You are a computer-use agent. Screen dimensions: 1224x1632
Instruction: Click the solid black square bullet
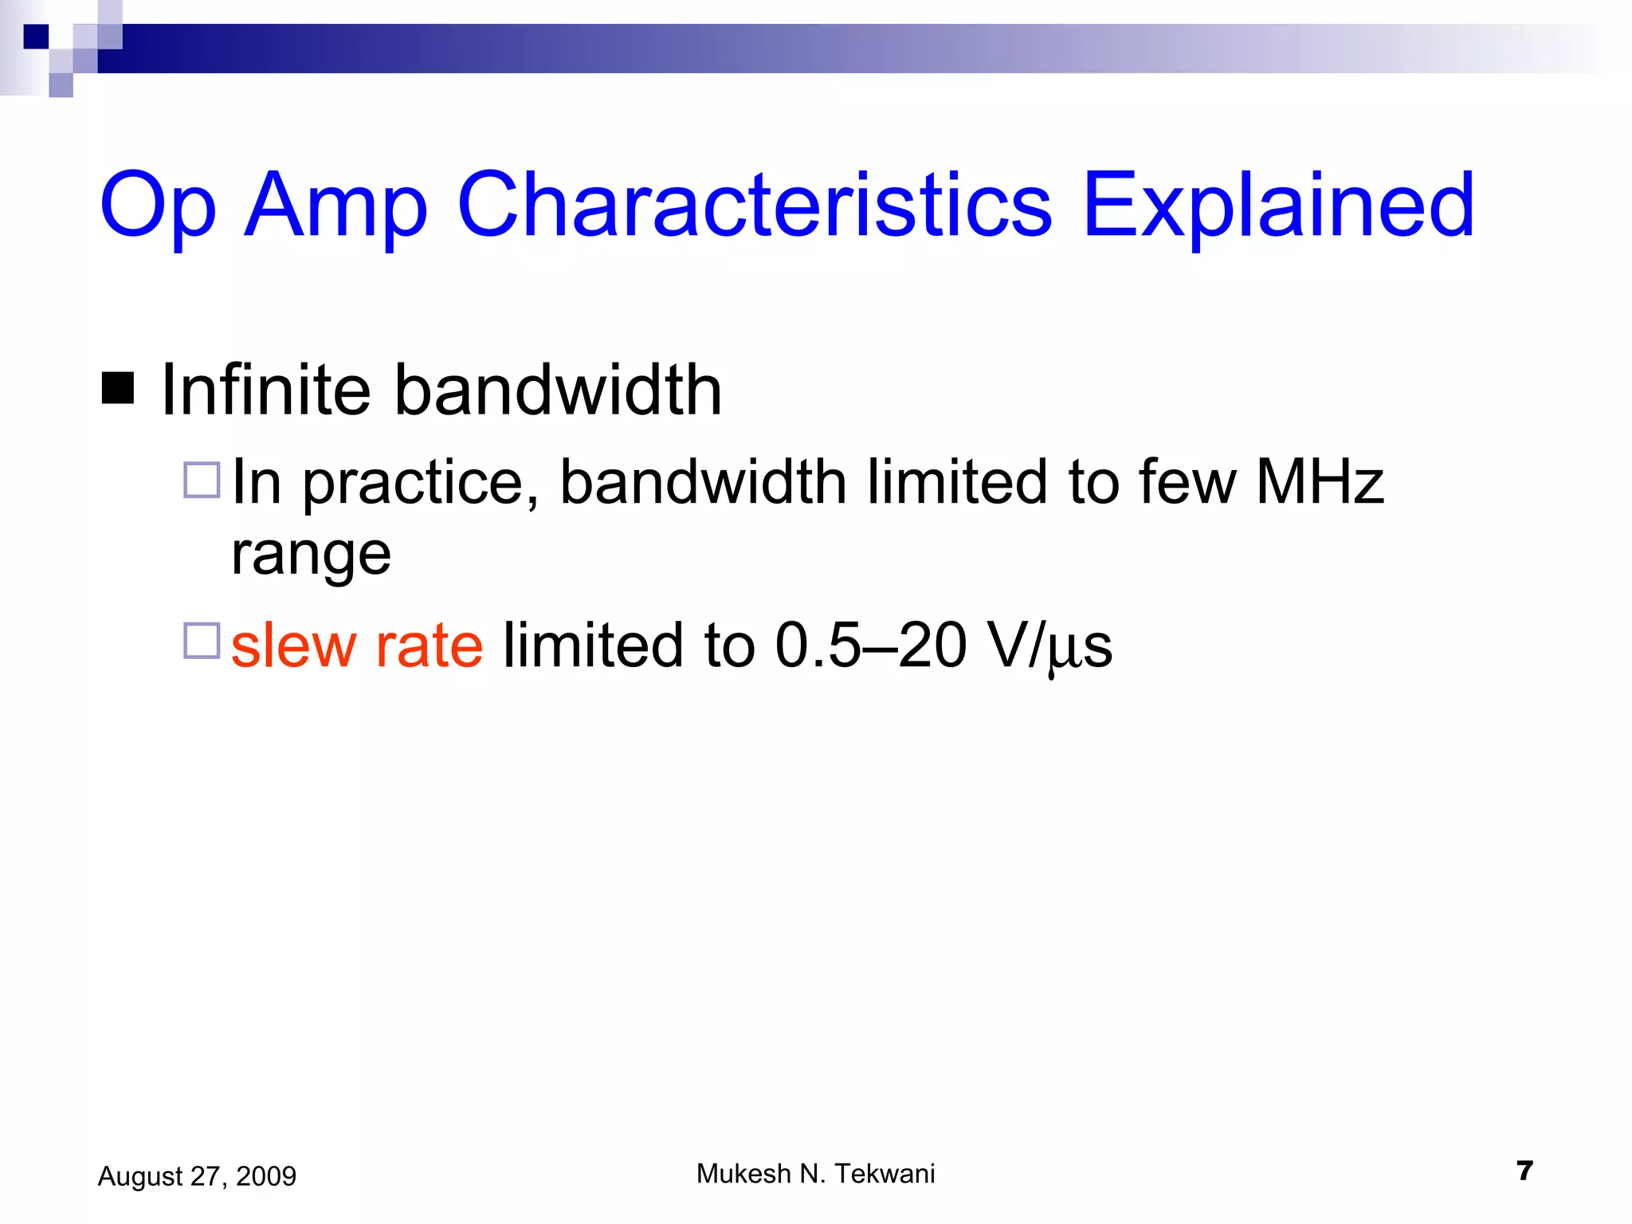[118, 389]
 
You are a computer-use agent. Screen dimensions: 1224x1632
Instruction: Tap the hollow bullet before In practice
[202, 481]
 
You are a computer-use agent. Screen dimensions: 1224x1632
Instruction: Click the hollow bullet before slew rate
[202, 641]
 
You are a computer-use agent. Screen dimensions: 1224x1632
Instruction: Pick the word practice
[420, 483]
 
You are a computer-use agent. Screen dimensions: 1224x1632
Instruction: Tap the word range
[311, 555]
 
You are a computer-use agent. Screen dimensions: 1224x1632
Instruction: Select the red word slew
[293, 645]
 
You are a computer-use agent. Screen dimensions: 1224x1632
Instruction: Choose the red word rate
[429, 645]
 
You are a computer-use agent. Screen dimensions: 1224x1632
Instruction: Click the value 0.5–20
[870, 645]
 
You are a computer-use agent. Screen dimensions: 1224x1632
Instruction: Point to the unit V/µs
[1049, 645]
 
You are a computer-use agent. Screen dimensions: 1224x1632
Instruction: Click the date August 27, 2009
[197, 1176]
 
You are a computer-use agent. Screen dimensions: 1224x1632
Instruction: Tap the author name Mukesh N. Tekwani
[815, 1174]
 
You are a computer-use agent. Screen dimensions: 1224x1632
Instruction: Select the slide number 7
[1524, 1171]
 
